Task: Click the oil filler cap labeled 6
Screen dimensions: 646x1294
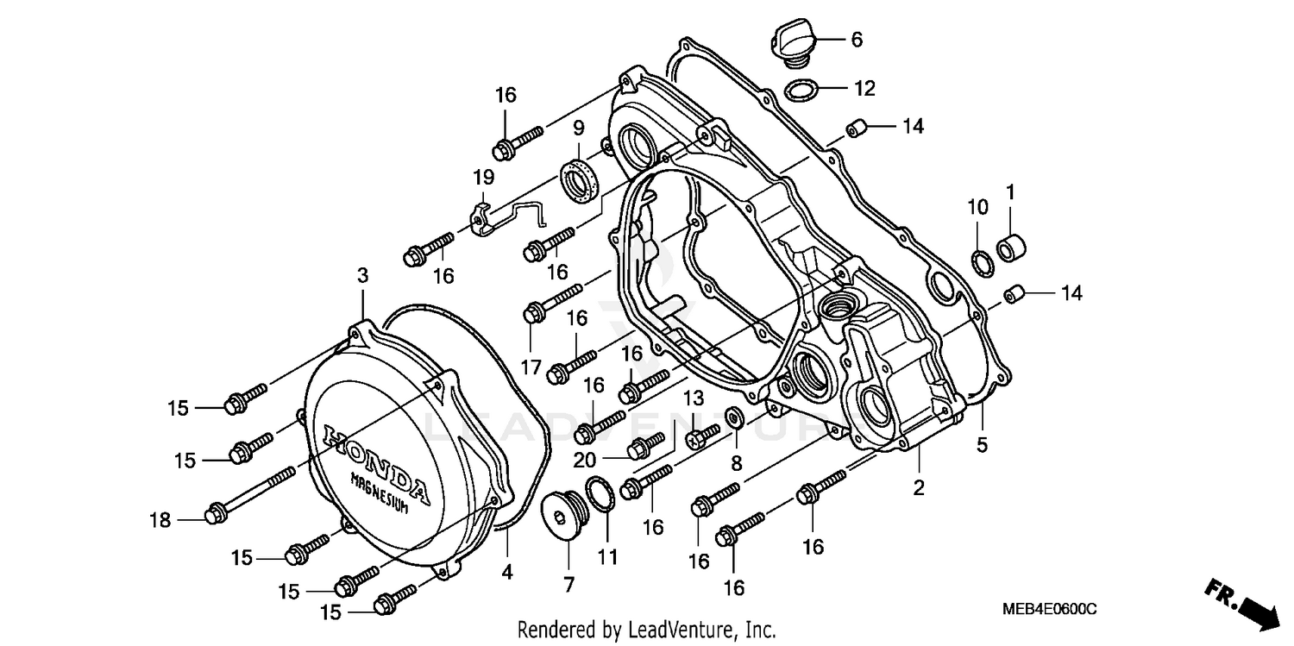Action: tap(791, 42)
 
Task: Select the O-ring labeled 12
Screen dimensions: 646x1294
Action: tap(802, 89)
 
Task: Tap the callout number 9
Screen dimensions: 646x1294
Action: tap(579, 130)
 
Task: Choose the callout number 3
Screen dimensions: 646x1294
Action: tap(363, 276)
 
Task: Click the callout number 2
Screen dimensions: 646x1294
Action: tap(920, 488)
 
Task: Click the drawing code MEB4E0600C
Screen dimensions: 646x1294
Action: tap(1049, 610)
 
